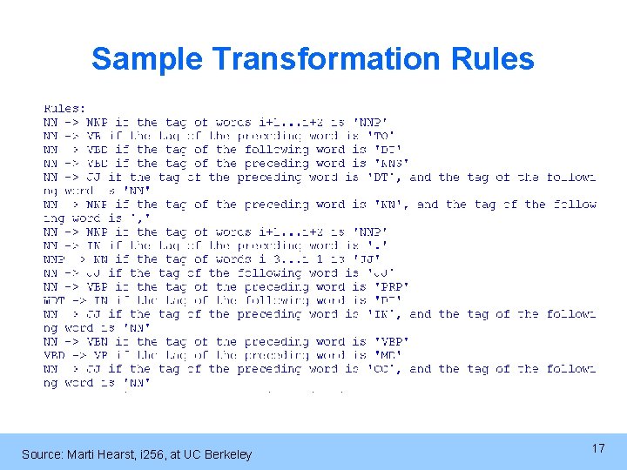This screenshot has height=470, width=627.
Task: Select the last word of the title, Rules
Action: tap(492, 59)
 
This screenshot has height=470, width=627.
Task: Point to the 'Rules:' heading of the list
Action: tap(64, 109)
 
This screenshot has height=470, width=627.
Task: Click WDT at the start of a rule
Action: tap(54, 300)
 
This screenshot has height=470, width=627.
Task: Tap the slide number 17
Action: tap(597, 448)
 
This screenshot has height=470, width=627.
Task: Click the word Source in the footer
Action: tap(40, 454)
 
